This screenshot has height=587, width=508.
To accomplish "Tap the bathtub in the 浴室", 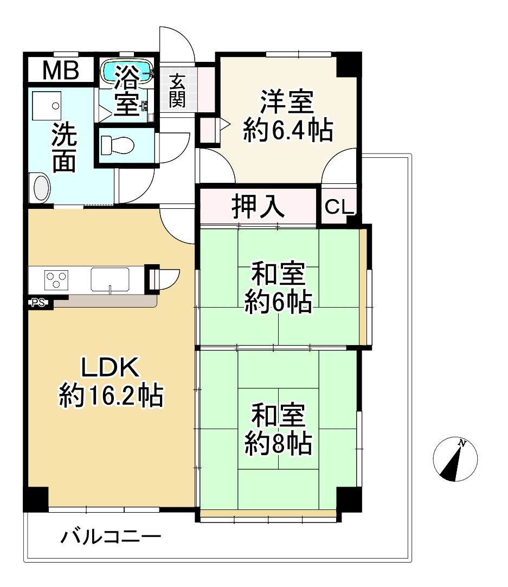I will click(127, 71).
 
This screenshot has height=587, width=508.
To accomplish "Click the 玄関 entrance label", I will click(177, 90).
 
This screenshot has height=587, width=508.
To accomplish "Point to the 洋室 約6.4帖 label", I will click(287, 116).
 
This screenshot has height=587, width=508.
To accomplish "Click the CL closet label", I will click(339, 207).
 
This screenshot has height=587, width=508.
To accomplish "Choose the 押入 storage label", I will click(258, 207).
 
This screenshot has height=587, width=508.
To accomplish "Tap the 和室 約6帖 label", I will click(278, 288).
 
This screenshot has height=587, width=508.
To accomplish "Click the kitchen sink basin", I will click(110, 279).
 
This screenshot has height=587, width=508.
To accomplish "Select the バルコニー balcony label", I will click(111, 538).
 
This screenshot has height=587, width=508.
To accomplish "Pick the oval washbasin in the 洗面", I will click(42, 188).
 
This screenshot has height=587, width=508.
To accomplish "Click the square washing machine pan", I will click(47, 105).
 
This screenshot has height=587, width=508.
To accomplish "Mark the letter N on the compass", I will click(462, 443).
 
